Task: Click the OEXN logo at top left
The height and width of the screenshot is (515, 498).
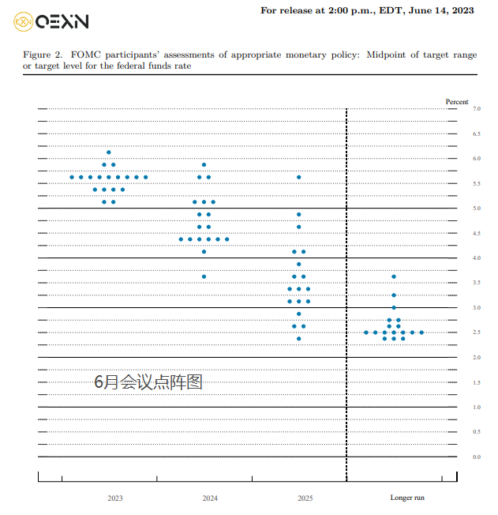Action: pyautogui.click(x=51, y=21)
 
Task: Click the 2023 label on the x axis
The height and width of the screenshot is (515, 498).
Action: pyautogui.click(x=115, y=498)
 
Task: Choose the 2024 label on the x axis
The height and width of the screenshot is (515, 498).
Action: pyautogui.click(x=210, y=498)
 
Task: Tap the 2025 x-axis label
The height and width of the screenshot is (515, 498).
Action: pyautogui.click(x=305, y=498)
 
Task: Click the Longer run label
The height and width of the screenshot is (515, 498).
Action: pyautogui.click(x=407, y=498)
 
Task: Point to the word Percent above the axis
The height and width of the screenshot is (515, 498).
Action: pyautogui.click(x=457, y=102)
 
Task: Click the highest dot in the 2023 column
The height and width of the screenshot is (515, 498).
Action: pyautogui.click(x=109, y=152)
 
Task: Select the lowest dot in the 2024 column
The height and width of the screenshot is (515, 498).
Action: pyautogui.click(x=204, y=276)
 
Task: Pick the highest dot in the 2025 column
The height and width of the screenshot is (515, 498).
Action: pyautogui.click(x=299, y=177)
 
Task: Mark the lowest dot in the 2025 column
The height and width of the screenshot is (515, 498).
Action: pyautogui.click(x=299, y=339)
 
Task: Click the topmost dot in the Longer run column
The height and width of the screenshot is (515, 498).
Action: pyautogui.click(x=394, y=276)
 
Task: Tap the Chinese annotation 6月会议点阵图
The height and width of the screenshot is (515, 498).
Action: pyautogui.click(x=148, y=382)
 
